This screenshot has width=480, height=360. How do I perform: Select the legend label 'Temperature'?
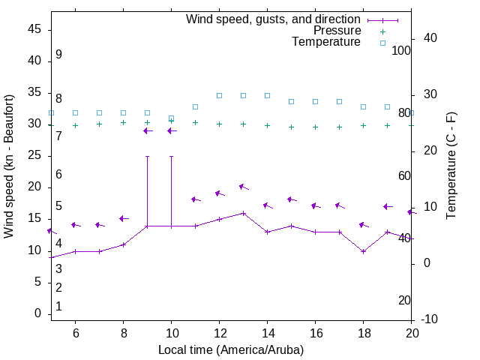point(326,43)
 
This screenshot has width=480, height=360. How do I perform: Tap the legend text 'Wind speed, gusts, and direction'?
point(274,19)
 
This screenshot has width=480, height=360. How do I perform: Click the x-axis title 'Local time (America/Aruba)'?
point(231,349)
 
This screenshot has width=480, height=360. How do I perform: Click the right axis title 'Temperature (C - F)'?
point(451,166)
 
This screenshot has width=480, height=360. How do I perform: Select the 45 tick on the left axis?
point(34,29)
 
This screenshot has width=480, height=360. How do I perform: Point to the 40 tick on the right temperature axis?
point(430,38)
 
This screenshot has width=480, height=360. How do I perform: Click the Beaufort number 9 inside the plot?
point(58,55)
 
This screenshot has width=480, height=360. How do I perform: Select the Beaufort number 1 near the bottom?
point(58,307)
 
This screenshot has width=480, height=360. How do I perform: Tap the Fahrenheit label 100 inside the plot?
point(401,50)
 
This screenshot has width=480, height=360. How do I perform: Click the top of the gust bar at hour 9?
point(147,157)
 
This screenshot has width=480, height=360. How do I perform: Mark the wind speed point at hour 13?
point(243,213)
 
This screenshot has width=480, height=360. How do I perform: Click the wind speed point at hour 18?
point(363,251)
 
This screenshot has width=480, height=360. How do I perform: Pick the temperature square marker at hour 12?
point(219,95)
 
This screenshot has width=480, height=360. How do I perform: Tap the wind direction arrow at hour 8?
point(123,218)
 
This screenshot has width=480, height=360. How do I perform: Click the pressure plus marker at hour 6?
point(75,125)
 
